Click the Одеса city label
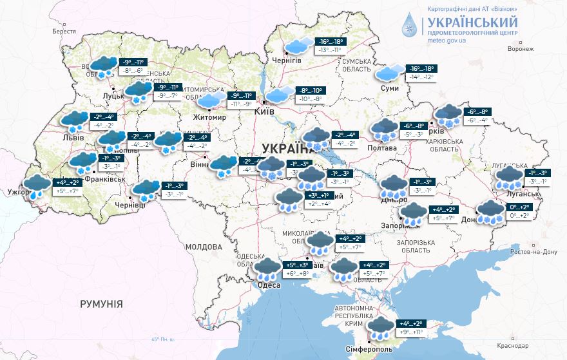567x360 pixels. click(x=269, y=285)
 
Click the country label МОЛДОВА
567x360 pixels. click(x=204, y=247)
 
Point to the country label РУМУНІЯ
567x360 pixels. click(x=102, y=303)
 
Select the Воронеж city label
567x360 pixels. click(x=521, y=49)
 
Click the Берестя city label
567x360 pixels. click(x=64, y=31)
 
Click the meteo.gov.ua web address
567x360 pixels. click(x=447, y=39)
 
